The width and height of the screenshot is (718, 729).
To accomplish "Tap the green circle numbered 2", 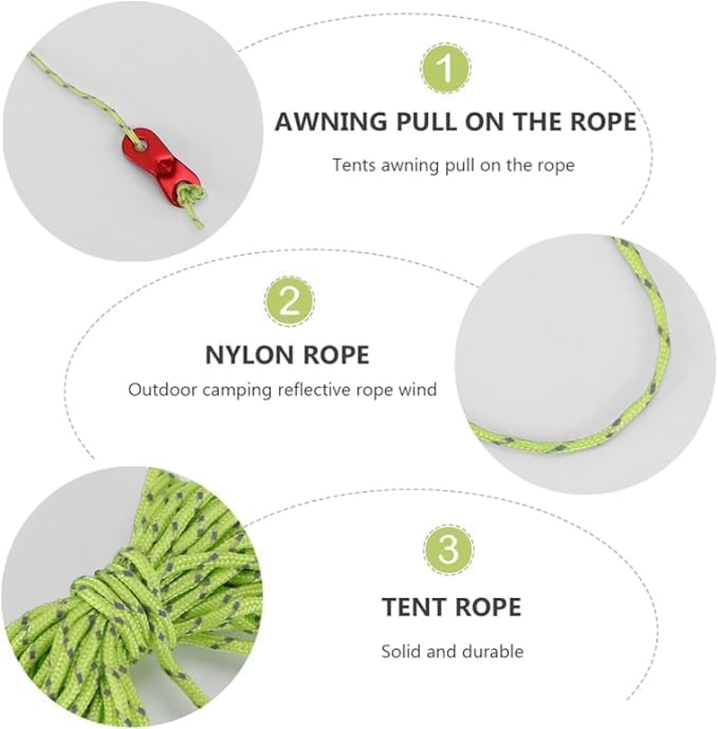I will tap(289, 302).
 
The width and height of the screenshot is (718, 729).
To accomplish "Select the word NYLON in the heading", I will tap(247, 354).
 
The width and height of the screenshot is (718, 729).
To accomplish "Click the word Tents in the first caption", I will tap(352, 165).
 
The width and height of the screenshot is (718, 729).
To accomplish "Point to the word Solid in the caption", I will tap(400, 651).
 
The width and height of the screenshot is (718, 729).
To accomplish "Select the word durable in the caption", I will tap(493, 651).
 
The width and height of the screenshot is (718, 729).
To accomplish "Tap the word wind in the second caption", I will tap(419, 391).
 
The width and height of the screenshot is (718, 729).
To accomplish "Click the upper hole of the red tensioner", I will tap(143, 142).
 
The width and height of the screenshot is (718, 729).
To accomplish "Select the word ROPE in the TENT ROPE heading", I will tap(488, 608).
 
